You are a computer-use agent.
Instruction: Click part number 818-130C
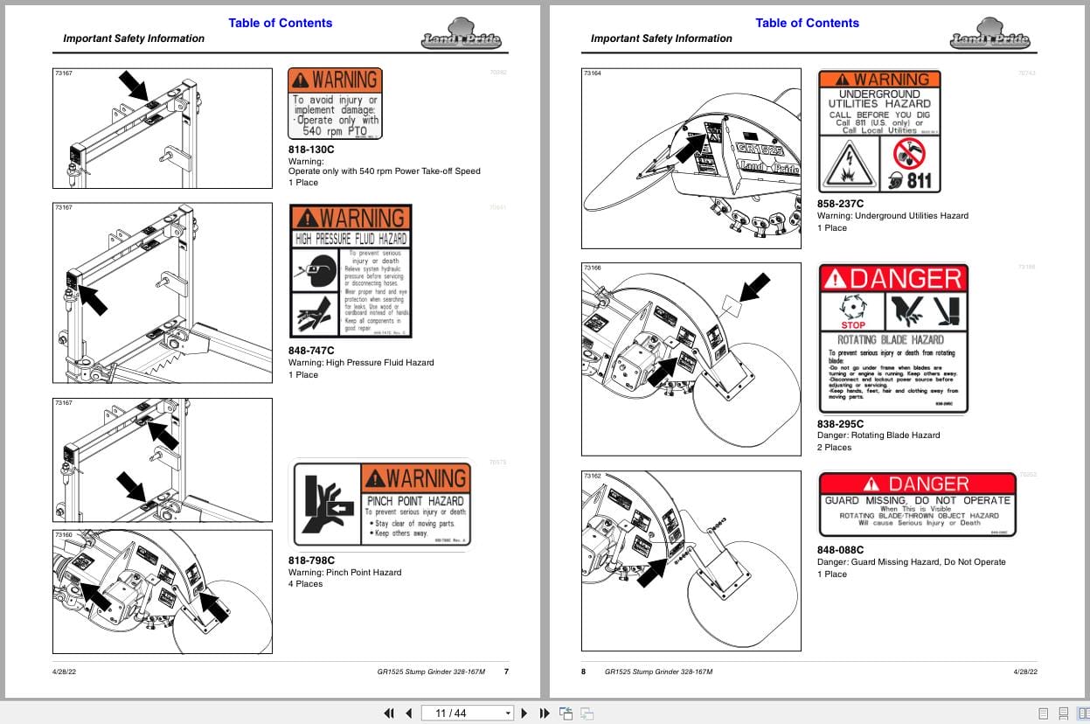point(311,149)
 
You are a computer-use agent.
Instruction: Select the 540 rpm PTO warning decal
point(335,104)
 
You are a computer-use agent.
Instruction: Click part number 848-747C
point(311,351)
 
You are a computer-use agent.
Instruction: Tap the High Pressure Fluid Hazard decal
point(350,271)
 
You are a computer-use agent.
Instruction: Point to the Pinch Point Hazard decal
point(381,505)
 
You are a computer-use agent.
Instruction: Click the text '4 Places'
point(305,584)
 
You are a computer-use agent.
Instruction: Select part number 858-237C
point(840,204)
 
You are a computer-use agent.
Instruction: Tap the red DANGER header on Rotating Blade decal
point(892,279)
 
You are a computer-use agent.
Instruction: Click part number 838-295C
point(840,423)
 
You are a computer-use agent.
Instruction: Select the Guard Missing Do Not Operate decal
point(917,505)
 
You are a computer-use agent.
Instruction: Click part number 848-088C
point(840,550)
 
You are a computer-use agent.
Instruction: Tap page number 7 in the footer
point(506,672)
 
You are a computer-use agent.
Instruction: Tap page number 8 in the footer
point(584,672)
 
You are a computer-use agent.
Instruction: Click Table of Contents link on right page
point(807,23)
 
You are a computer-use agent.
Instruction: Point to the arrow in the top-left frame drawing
point(135,86)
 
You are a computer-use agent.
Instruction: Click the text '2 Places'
point(834,447)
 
